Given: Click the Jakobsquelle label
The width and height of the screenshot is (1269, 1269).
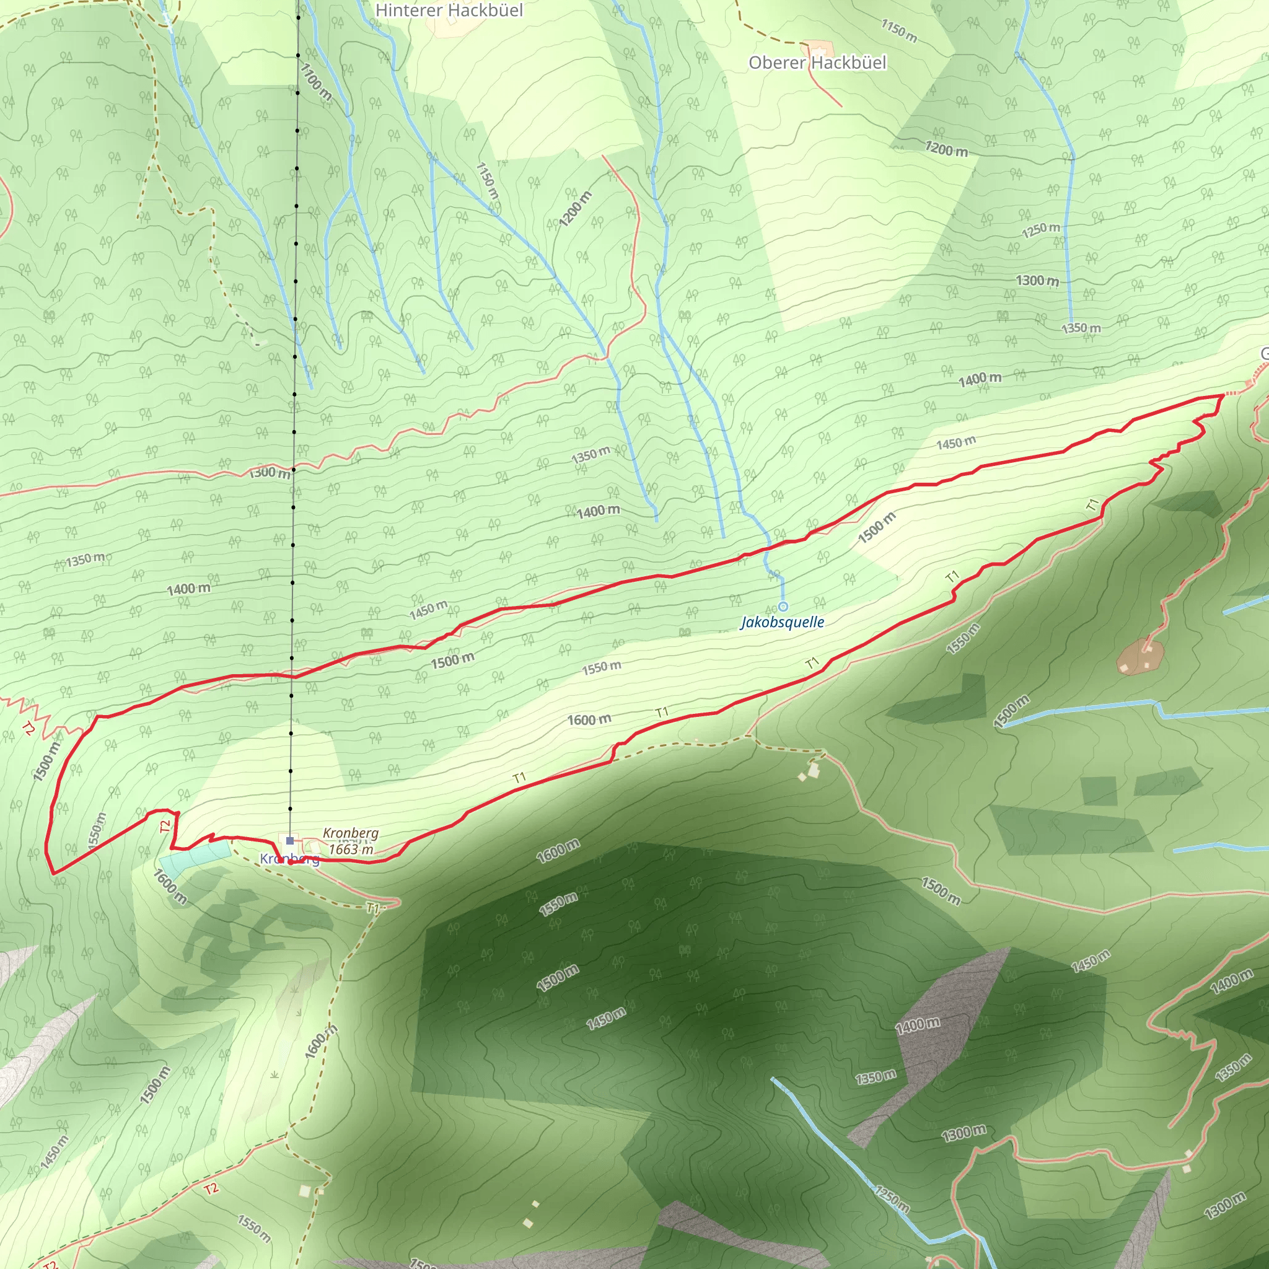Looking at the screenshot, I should pyautogui.click(x=783, y=622).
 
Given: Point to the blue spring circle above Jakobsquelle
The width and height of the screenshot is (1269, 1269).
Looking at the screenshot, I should pyautogui.click(x=783, y=606).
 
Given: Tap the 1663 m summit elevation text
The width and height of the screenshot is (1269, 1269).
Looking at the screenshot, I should pyautogui.click(x=351, y=850).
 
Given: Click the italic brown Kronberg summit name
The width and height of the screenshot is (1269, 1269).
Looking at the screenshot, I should pyautogui.click(x=351, y=833).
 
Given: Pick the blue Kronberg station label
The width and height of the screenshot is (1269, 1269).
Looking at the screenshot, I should pyautogui.click(x=289, y=859).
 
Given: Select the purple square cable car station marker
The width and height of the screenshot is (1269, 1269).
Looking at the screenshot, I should pyautogui.click(x=289, y=840).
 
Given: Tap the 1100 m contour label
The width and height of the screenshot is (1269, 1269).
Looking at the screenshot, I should pyautogui.click(x=316, y=81).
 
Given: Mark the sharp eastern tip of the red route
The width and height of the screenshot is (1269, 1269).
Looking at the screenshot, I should pyautogui.click(x=1223, y=395).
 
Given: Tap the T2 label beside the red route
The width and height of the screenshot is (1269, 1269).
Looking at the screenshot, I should pyautogui.click(x=165, y=825).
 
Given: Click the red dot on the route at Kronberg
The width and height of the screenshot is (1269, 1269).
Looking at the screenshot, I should pyautogui.click(x=289, y=863).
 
